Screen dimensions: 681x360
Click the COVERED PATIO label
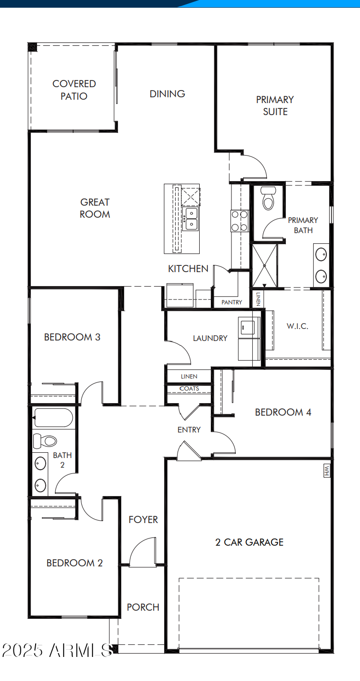click(x=74, y=90)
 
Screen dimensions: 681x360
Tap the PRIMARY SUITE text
click(x=275, y=105)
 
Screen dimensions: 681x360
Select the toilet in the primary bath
click(x=268, y=198)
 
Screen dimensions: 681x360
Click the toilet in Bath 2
click(x=45, y=440)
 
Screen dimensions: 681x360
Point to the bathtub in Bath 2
click(x=52, y=417)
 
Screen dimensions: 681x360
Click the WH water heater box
click(x=327, y=471)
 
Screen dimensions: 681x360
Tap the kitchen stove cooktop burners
click(x=240, y=221)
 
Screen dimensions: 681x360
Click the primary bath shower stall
click(x=265, y=265)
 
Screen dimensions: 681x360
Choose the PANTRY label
click(x=231, y=302)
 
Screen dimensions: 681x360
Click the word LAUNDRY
click(x=210, y=338)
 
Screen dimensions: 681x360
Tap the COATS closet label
click(x=189, y=389)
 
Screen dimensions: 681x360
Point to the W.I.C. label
click(x=297, y=326)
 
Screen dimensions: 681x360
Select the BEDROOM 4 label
click(x=283, y=412)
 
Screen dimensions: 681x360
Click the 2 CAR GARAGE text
click(x=249, y=542)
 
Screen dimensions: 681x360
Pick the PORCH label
click(x=143, y=607)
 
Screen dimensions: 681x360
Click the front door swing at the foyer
click(x=142, y=552)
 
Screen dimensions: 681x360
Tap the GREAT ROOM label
click(x=95, y=208)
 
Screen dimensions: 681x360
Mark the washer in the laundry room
click(x=249, y=327)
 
